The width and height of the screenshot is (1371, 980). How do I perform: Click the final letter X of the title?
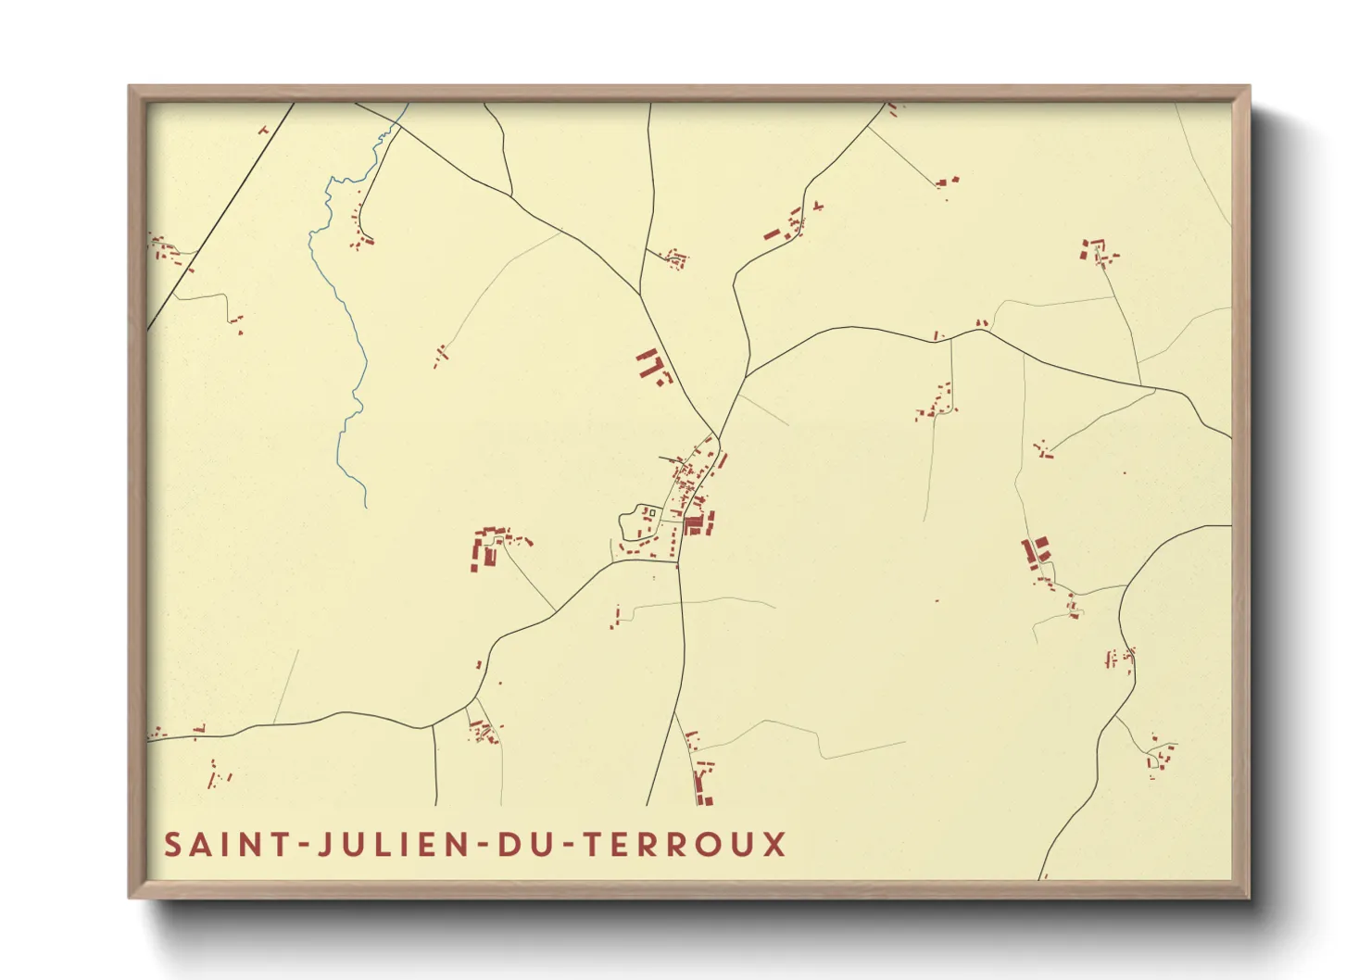click(774, 845)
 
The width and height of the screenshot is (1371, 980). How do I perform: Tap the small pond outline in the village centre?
click(637, 522)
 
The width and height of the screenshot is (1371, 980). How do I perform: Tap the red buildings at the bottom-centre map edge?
click(704, 783)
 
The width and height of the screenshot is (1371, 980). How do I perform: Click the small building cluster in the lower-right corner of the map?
click(1159, 755)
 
